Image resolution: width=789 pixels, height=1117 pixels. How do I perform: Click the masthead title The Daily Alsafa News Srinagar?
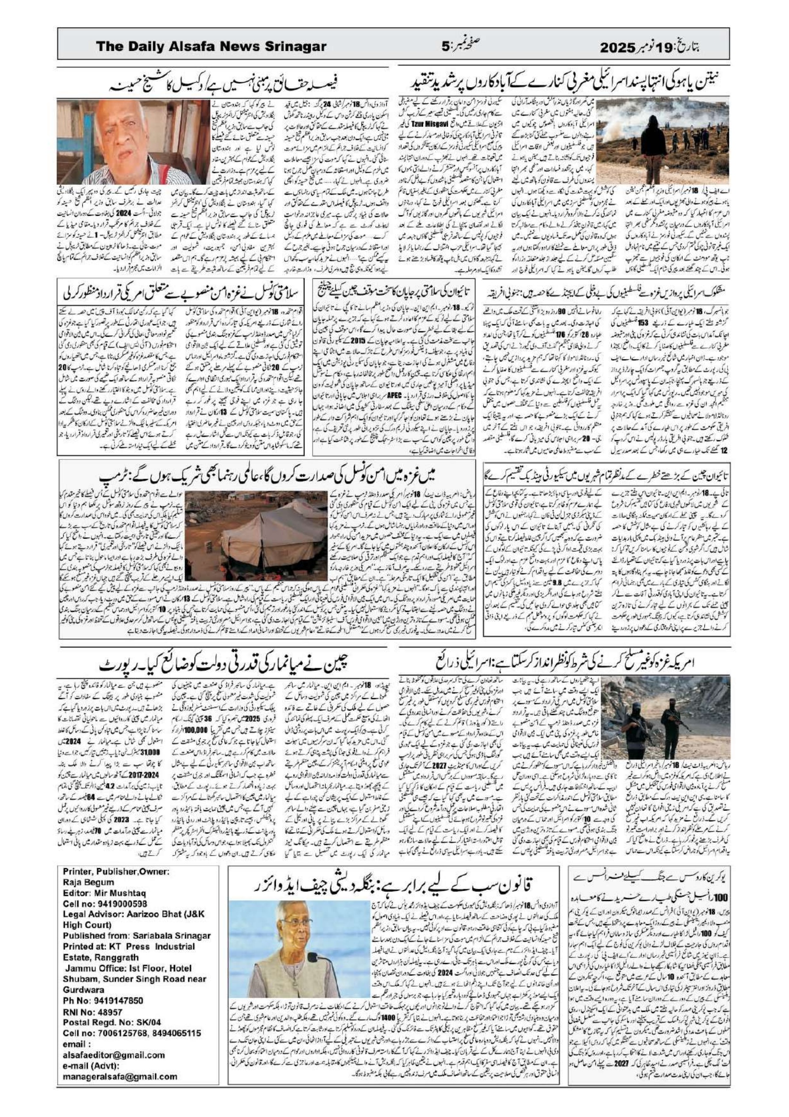tap(211, 47)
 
